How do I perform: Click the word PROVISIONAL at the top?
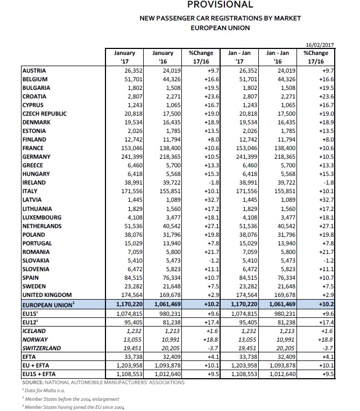(x=220, y=5)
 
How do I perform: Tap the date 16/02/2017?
(x=317, y=46)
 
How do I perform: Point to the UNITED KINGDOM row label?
(x=47, y=295)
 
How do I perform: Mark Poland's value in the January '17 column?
(x=131, y=235)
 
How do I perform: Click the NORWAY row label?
(x=35, y=339)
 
